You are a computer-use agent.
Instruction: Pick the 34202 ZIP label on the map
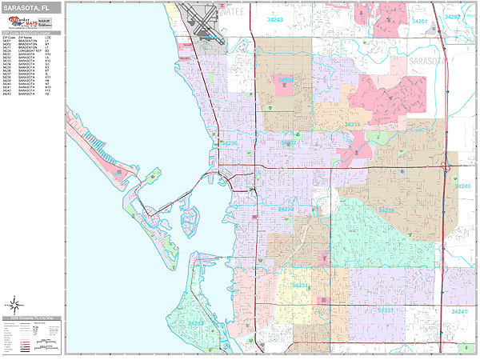tap(453, 17)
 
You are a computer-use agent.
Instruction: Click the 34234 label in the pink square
tap(286, 80)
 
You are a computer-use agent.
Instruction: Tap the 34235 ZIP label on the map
tap(353, 125)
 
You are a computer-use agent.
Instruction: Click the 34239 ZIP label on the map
tap(286, 209)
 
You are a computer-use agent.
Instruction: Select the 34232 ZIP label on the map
tap(386, 210)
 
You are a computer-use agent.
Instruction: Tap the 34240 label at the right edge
tap(463, 186)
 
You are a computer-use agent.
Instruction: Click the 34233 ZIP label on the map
tap(385, 310)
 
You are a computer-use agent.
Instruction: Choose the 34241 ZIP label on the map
tap(459, 311)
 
